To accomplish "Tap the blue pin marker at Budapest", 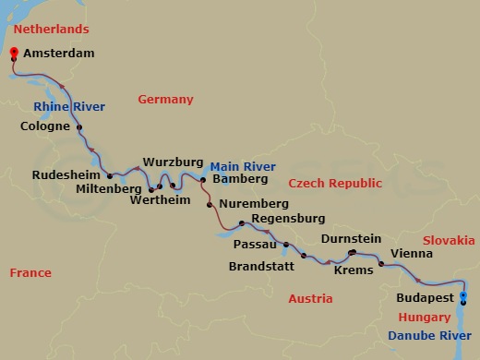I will [462, 297].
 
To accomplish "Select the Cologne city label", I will [44, 126].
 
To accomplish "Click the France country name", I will [30, 272].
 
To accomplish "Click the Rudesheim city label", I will [66, 174].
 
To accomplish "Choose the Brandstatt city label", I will [263, 267].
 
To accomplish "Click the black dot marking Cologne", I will [79, 128].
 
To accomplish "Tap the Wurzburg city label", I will [172, 161].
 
